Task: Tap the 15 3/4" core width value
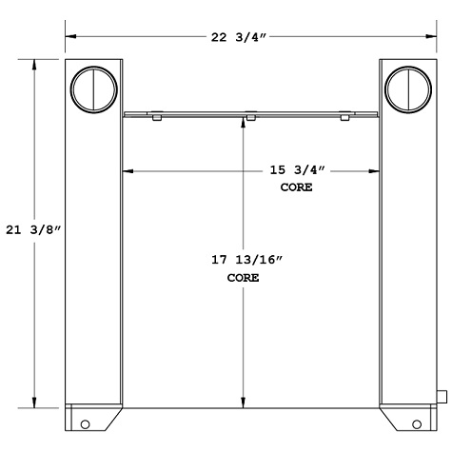pyautogui.click(x=296, y=171)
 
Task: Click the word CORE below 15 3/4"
pyautogui.click(x=296, y=187)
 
